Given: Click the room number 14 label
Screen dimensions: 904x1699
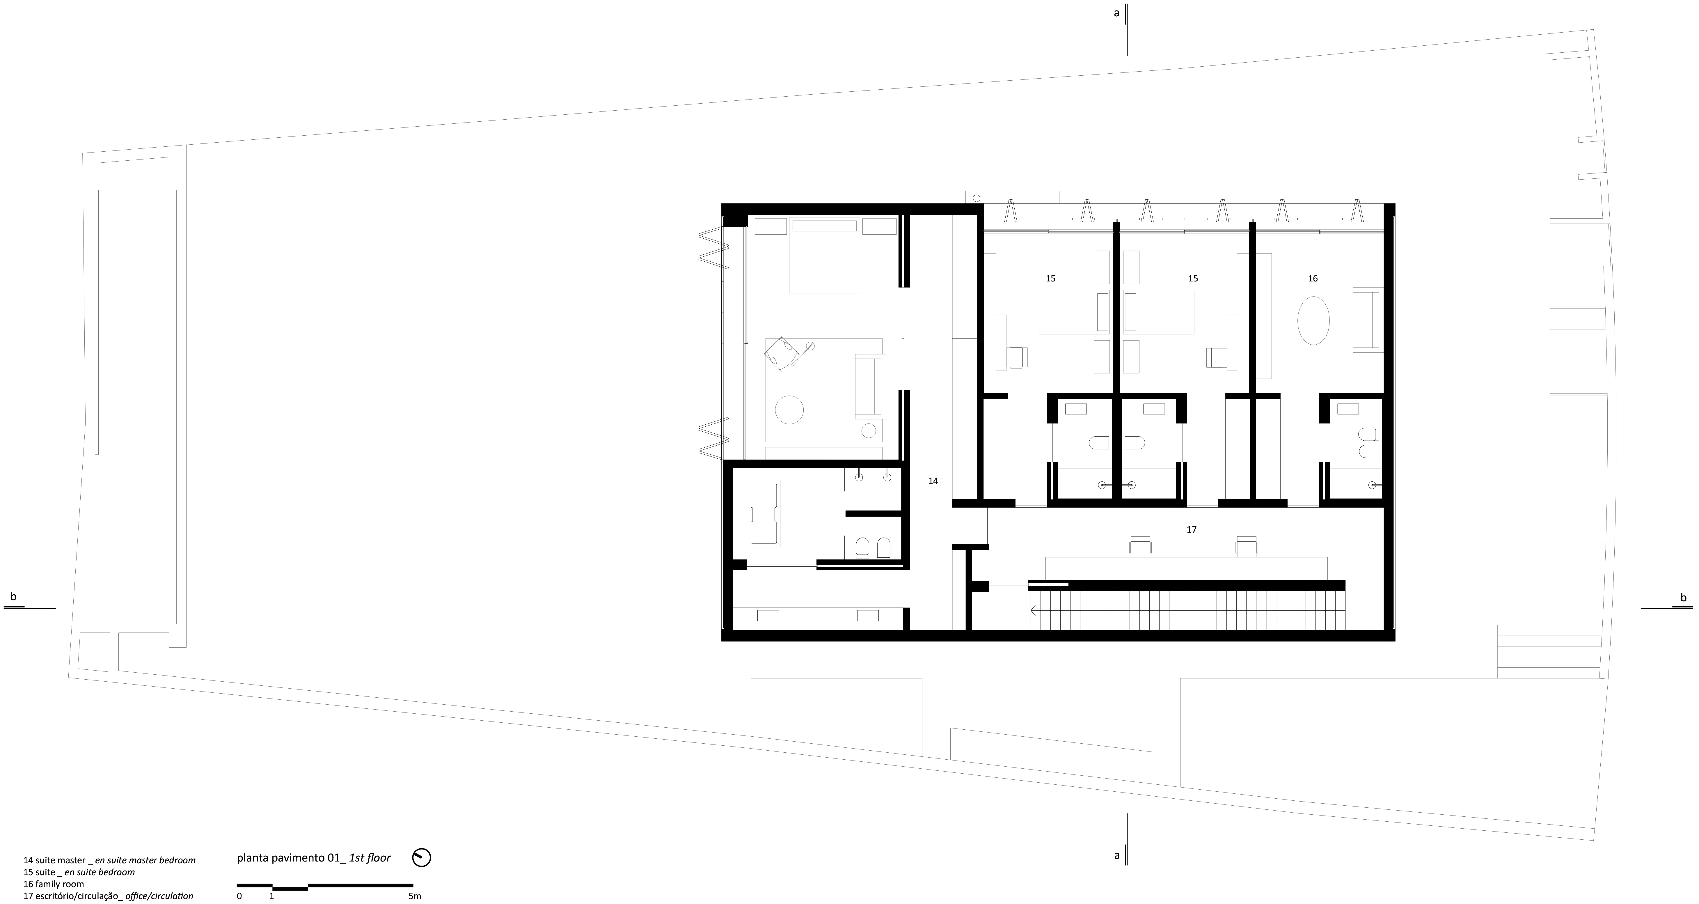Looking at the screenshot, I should (933, 481).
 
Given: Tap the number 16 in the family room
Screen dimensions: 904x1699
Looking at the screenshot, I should (1313, 279).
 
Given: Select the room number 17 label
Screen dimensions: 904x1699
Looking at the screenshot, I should (1191, 529).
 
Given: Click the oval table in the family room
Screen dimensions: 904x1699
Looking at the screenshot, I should (1313, 320).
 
